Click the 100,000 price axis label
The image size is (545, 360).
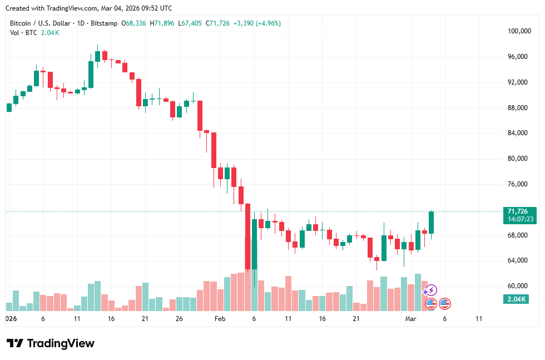click(x=520, y=31)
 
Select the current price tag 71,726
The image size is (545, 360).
click(x=518, y=211)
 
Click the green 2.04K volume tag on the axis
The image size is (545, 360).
click(x=517, y=299)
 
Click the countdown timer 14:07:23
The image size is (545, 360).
click(x=521, y=219)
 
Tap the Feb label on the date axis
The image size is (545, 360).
click(x=220, y=319)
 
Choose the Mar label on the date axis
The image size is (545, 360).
click(x=411, y=319)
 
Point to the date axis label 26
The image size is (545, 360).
click(x=179, y=319)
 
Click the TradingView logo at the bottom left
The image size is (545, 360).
click(x=50, y=343)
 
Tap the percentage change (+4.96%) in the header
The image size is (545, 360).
click(x=265, y=23)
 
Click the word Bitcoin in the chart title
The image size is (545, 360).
click(x=22, y=23)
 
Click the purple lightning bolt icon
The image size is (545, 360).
click(x=431, y=290)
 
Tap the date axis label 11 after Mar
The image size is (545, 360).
click(x=479, y=319)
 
